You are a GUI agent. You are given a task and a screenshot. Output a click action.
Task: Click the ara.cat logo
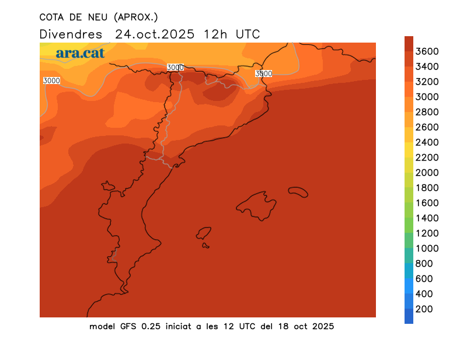(80, 53)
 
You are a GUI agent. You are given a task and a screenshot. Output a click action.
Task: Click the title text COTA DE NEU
(71, 17)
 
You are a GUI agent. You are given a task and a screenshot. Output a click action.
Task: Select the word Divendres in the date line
(71, 34)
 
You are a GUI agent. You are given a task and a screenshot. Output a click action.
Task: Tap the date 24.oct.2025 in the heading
(155, 34)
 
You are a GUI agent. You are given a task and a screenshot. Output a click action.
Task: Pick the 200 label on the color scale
(424, 309)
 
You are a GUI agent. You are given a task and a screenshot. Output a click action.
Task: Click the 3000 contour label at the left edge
(51, 81)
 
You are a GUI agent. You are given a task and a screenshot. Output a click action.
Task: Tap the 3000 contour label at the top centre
(175, 67)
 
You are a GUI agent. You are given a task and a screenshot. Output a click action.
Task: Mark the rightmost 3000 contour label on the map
(263, 74)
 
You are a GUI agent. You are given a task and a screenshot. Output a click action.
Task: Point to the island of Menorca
(298, 191)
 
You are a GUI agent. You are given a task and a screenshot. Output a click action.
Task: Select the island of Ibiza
(204, 233)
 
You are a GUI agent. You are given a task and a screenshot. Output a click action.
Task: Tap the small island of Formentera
(205, 246)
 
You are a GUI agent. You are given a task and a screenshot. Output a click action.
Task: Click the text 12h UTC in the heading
(232, 34)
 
